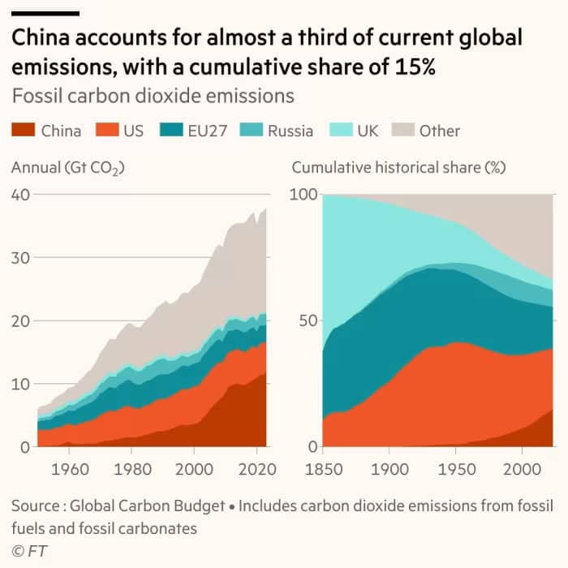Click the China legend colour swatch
(x=23, y=130)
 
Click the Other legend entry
(x=439, y=130)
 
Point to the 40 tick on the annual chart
(x=21, y=194)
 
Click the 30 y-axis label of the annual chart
(x=21, y=257)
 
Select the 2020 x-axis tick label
(x=255, y=468)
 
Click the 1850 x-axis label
(x=323, y=468)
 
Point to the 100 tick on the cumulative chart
(x=303, y=194)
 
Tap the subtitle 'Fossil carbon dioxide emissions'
(x=153, y=96)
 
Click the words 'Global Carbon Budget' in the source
(x=148, y=506)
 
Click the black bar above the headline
(x=45, y=14)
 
